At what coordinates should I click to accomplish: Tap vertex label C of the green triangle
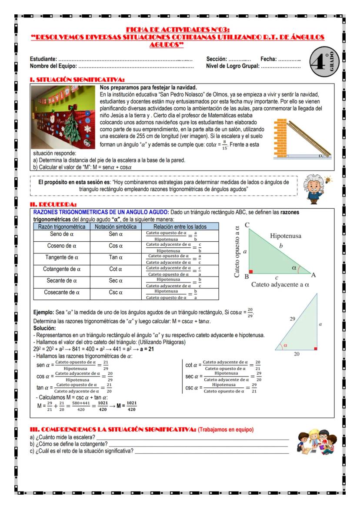247,225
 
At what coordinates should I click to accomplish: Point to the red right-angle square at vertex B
251,272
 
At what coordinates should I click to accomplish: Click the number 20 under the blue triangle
296,354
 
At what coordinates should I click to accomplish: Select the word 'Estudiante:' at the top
43,59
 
